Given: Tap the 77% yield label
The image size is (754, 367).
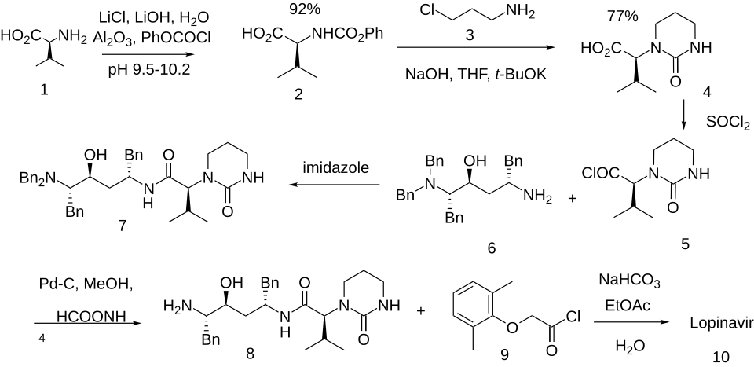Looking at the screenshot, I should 623,15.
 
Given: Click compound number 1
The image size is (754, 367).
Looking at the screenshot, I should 44,90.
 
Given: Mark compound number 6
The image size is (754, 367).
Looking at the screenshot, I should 492,248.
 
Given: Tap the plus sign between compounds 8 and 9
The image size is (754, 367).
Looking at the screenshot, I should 420,311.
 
